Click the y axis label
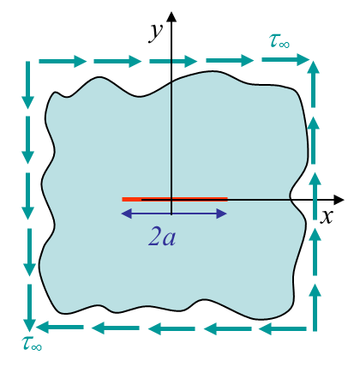tap(156, 33)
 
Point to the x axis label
tap(327, 216)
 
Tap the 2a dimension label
tap(162, 237)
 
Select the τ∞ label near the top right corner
tap(279, 41)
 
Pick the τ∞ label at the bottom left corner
tap(32, 343)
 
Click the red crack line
tap(175, 199)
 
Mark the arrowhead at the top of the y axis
tap(171, 16)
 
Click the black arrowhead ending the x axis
tap(339, 200)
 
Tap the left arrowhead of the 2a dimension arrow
tap(127, 214)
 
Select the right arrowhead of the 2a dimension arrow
tap(222, 214)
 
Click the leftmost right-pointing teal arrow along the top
tap(63, 61)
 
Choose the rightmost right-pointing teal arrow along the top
tap(285, 59)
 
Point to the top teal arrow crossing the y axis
tap(173, 61)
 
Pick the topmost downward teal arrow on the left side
tap(27, 85)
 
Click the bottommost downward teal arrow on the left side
tap(29, 308)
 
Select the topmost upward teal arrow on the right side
tap(314, 84)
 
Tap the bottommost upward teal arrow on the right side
tap(315, 308)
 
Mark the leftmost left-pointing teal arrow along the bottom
tap(60, 328)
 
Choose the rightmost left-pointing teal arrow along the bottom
tap(283, 329)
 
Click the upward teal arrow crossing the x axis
tap(315, 196)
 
